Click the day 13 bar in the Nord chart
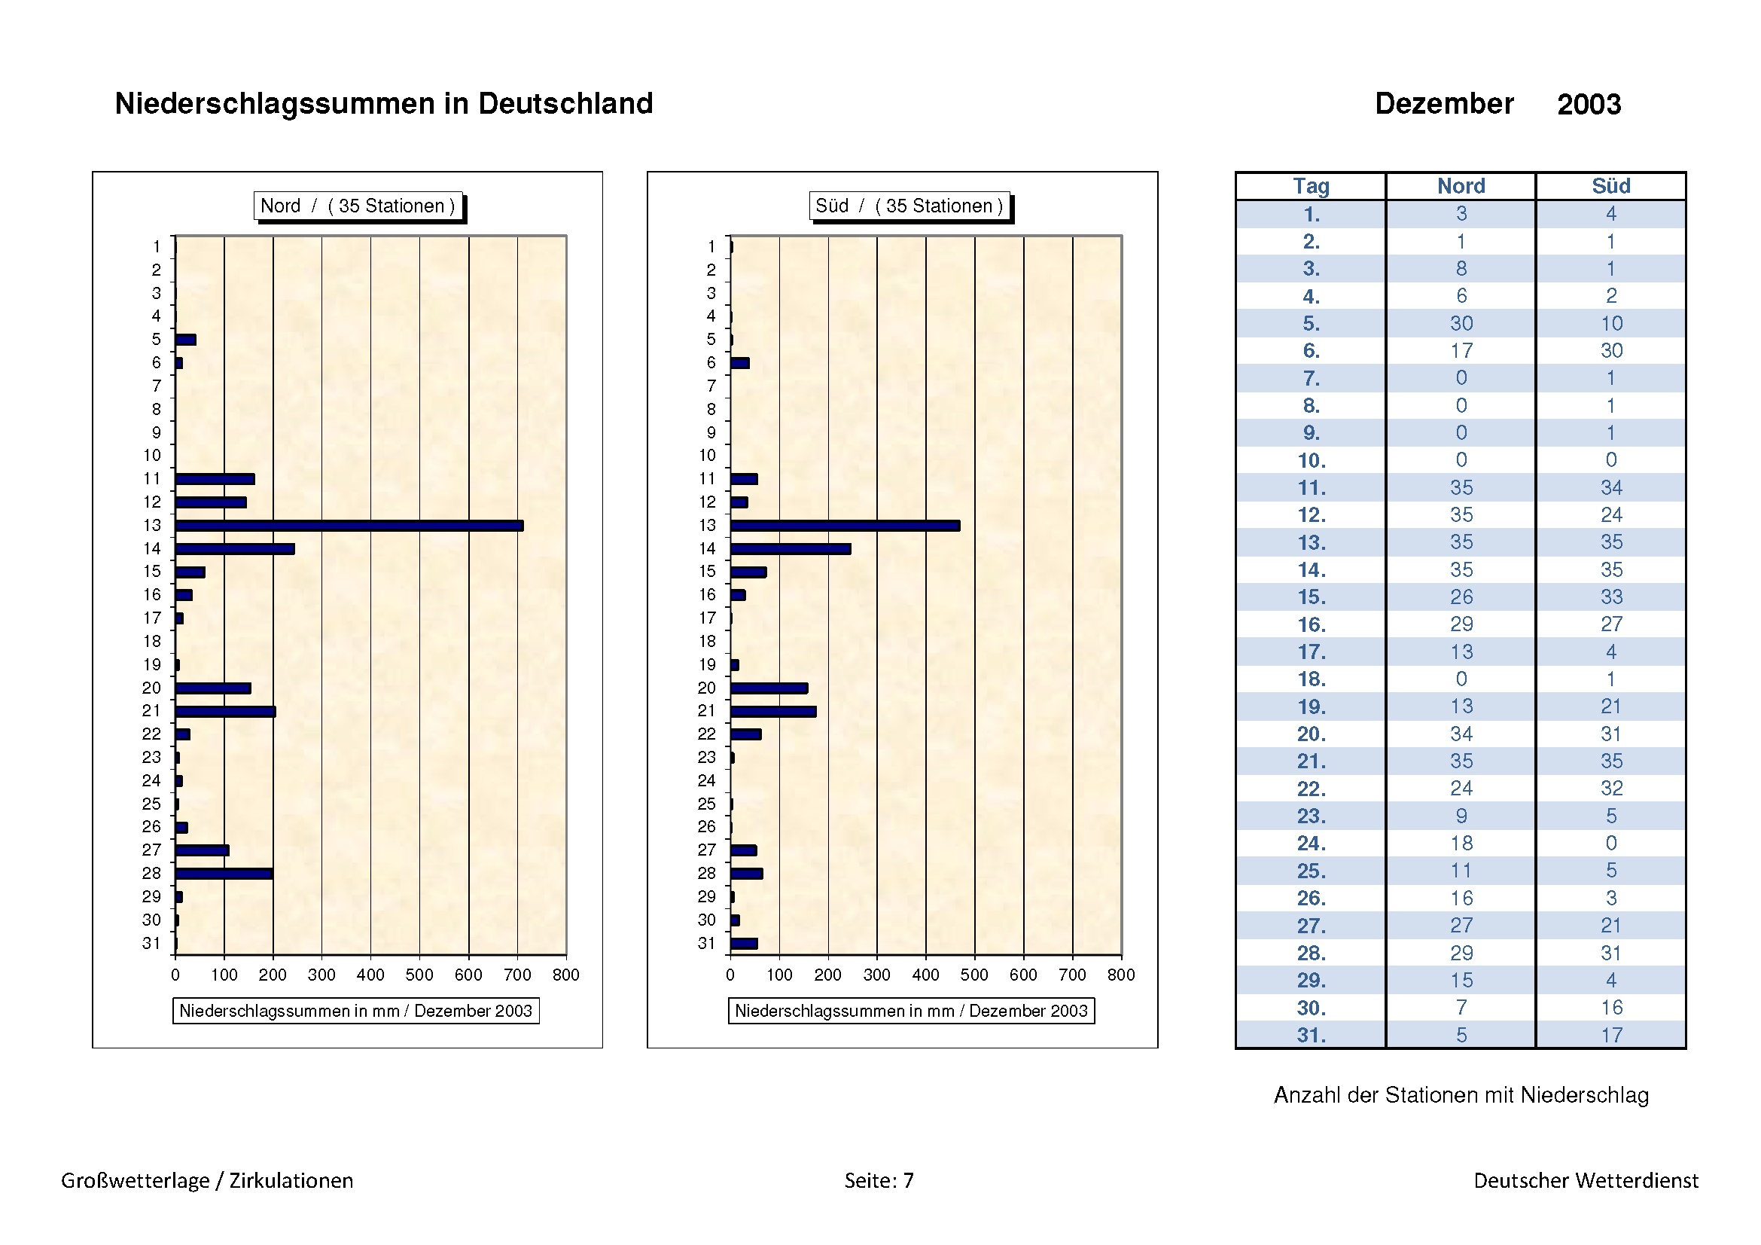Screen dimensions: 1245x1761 (349, 526)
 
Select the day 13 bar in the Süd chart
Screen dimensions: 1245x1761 (845, 526)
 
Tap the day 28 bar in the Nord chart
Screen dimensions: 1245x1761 (224, 873)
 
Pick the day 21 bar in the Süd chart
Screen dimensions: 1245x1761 (773, 711)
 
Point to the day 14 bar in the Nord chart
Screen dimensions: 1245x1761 (235, 548)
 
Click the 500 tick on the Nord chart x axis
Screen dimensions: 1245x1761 (419, 974)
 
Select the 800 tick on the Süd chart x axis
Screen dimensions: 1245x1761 (1120, 974)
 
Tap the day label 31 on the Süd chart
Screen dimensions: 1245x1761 (706, 943)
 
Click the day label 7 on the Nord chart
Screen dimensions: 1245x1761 (157, 386)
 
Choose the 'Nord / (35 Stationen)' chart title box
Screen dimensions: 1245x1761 (358, 206)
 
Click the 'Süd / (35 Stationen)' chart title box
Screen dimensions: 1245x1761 (909, 206)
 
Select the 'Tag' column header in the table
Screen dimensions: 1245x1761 (1311, 186)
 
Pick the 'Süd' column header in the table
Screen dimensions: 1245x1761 (1610, 186)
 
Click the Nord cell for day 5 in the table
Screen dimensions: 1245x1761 (1461, 323)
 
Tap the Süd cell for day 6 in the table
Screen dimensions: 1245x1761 (1610, 350)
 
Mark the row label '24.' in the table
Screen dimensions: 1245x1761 (1311, 843)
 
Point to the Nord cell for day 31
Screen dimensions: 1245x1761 (1461, 1035)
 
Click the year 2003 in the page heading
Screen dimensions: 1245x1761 (1589, 105)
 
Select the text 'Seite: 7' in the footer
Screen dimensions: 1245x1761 (879, 1179)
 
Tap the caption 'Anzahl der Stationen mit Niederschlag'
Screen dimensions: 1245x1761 (1461, 1094)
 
